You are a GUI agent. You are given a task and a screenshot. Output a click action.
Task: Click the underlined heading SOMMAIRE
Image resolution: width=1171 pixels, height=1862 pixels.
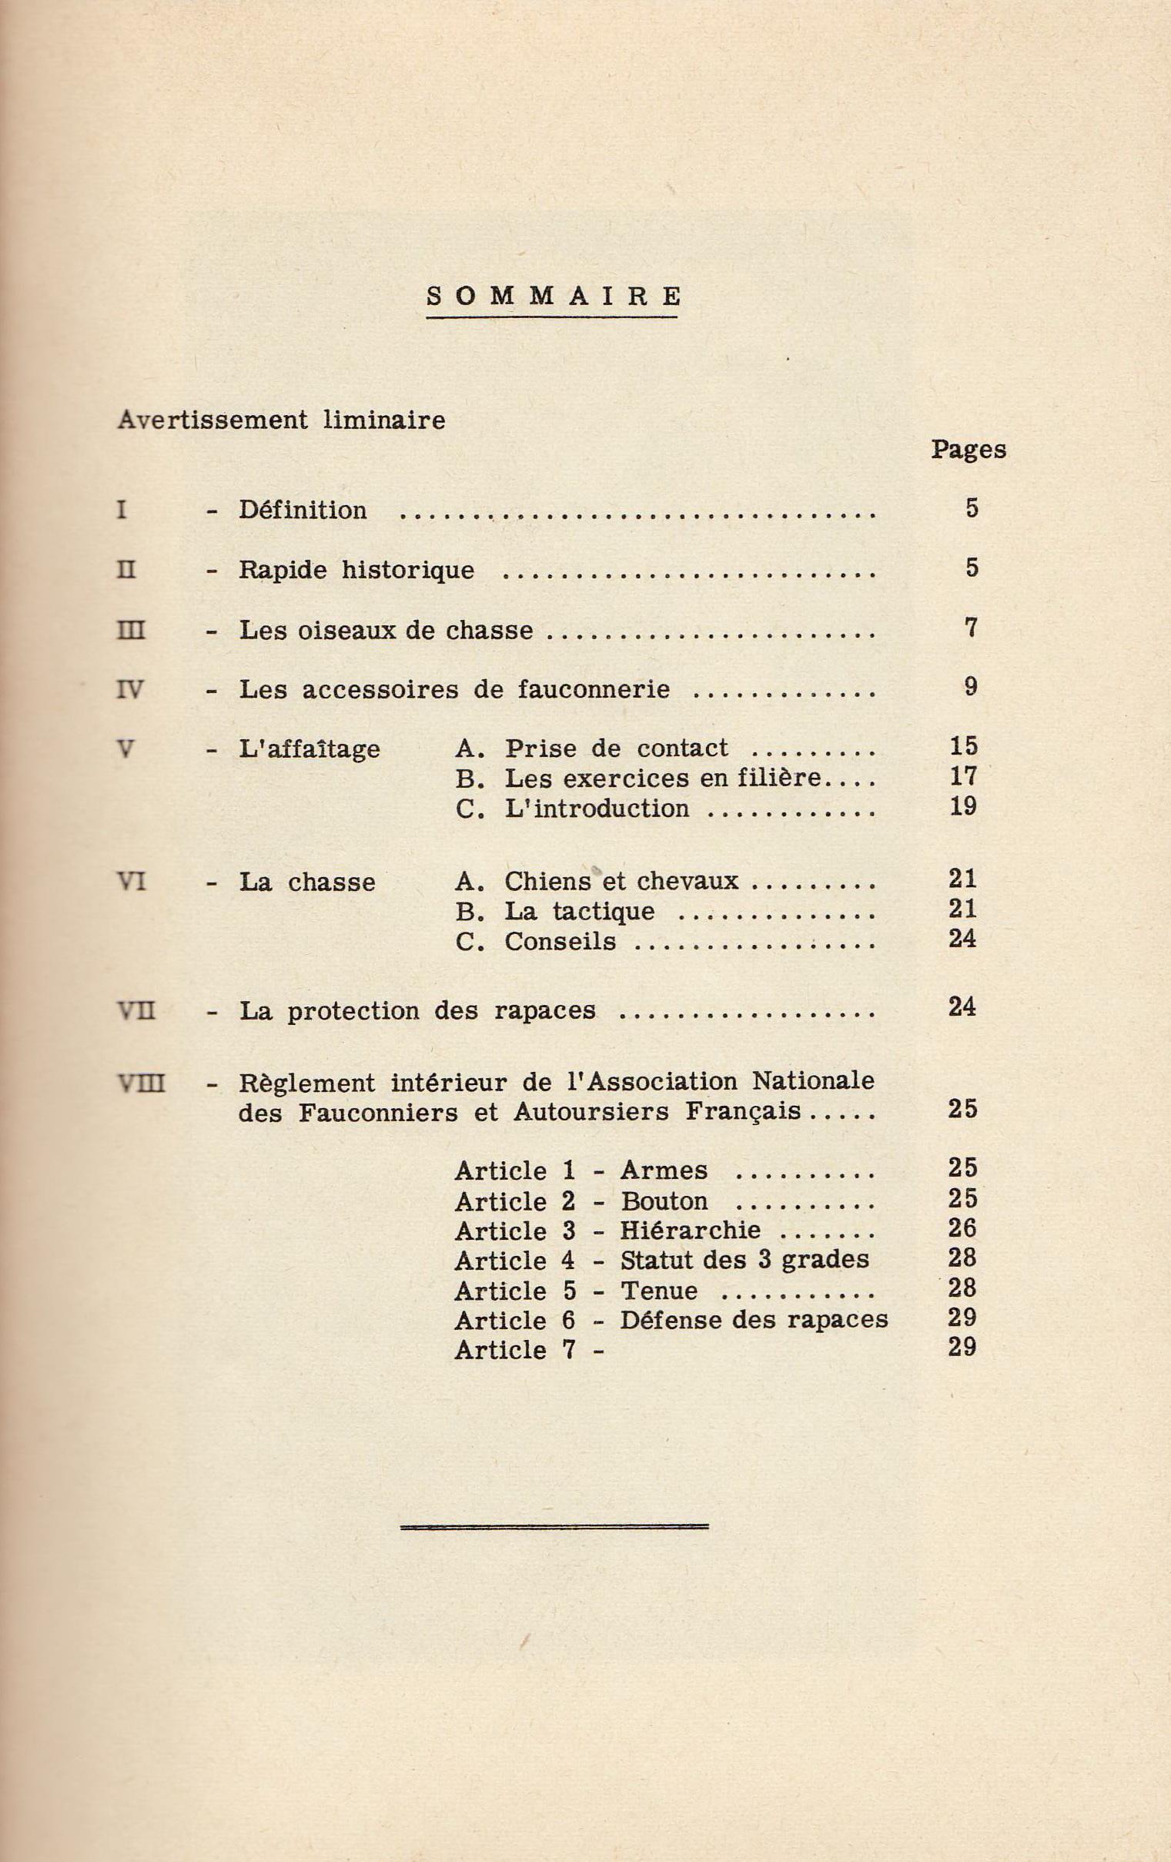(554, 296)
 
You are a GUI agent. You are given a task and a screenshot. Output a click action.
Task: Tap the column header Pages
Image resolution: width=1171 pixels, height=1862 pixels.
(968, 449)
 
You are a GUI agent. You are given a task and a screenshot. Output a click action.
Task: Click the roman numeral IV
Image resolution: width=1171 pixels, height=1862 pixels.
(129, 688)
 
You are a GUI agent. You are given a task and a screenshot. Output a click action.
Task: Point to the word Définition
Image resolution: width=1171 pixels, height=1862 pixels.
(303, 510)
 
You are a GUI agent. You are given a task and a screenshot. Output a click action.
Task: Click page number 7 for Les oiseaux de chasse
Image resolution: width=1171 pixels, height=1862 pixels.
(971, 628)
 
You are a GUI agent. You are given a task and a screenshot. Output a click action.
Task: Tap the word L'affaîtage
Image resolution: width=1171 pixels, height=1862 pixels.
(309, 748)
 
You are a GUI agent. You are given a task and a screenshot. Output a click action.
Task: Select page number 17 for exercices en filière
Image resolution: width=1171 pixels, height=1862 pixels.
(963, 776)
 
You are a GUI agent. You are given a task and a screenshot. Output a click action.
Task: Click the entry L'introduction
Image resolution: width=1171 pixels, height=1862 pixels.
(596, 808)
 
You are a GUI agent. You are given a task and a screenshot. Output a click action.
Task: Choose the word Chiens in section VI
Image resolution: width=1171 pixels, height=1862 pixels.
(548, 881)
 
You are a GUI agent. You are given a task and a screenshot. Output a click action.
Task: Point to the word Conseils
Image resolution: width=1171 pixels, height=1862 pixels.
(560, 941)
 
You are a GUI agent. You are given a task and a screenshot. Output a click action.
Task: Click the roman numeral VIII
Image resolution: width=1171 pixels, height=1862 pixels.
(141, 1084)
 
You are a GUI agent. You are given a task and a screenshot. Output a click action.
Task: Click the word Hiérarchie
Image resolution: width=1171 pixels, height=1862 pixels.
(691, 1230)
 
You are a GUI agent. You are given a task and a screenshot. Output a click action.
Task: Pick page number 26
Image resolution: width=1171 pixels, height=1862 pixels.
(962, 1228)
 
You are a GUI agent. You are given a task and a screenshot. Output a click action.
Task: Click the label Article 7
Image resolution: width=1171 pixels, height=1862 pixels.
(515, 1350)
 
